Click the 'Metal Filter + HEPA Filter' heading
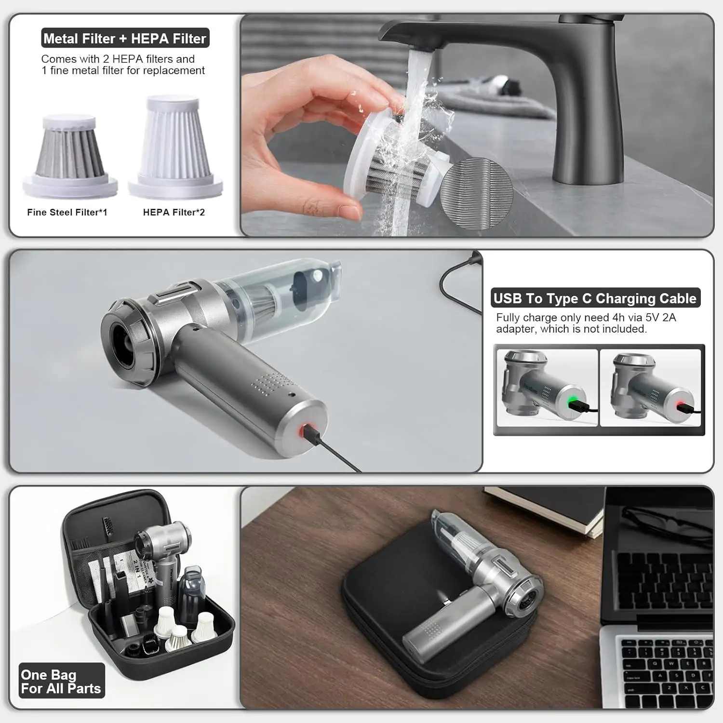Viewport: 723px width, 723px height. click(x=125, y=38)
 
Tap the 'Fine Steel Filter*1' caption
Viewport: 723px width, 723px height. click(x=67, y=212)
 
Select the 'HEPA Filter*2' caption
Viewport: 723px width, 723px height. click(x=174, y=212)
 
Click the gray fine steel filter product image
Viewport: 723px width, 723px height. click(x=70, y=157)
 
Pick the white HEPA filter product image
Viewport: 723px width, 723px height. click(x=174, y=147)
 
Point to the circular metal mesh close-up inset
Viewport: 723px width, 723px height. click(x=476, y=194)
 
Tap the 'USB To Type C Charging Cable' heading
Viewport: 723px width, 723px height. click(x=595, y=298)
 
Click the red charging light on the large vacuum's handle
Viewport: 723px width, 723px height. click(x=305, y=430)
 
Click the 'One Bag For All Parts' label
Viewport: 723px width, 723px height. click(x=61, y=681)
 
